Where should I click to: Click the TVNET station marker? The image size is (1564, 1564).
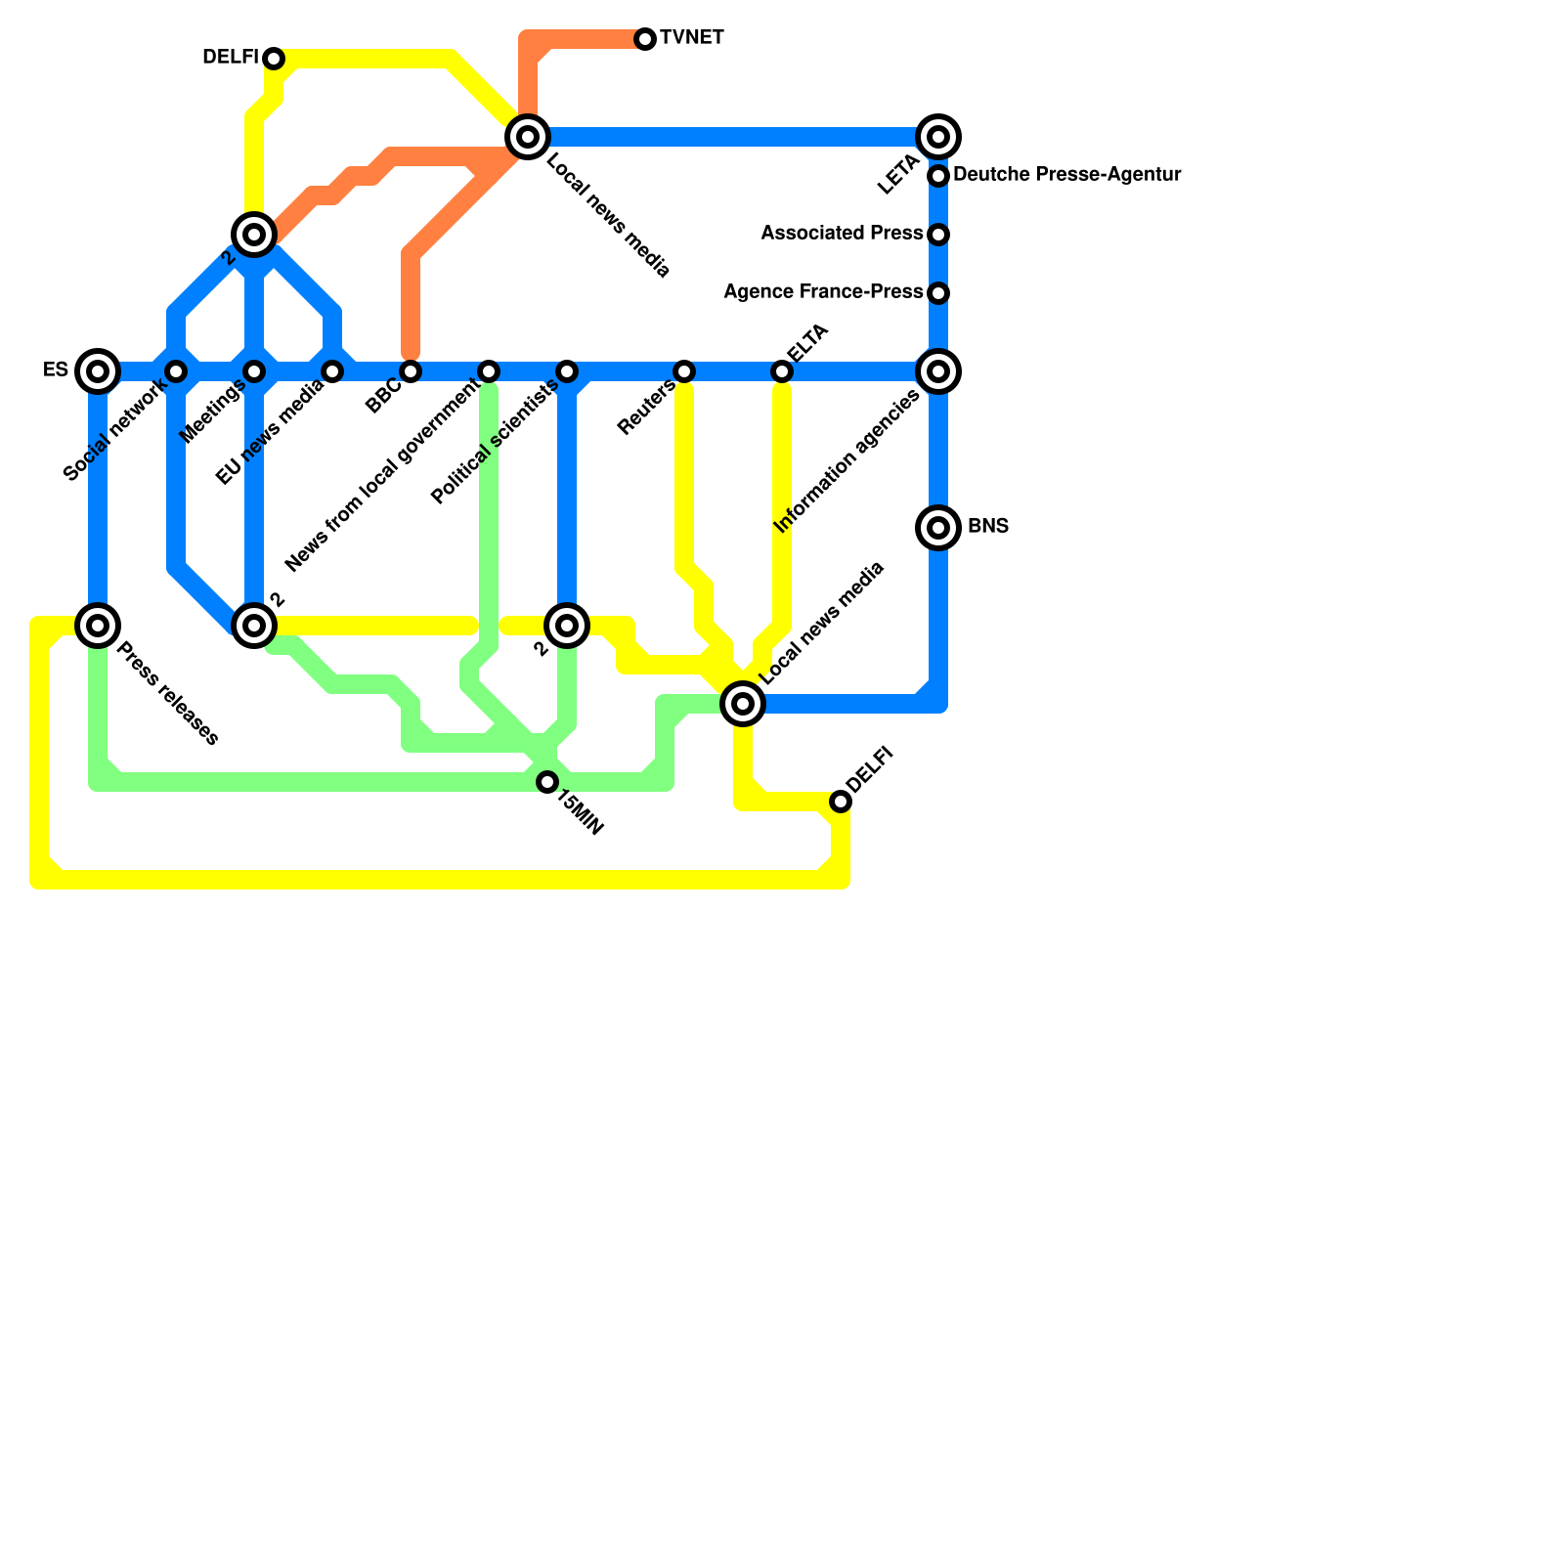coord(645,39)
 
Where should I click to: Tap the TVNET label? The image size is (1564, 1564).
coord(691,38)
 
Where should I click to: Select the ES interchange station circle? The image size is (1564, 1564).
coord(98,371)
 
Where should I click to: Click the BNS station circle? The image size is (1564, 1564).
coord(938,528)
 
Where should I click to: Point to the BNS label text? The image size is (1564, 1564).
coord(987,527)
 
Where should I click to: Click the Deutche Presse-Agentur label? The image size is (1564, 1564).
coord(1066,175)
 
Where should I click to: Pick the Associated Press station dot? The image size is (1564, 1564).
coord(938,235)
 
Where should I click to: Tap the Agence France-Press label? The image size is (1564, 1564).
coord(823,292)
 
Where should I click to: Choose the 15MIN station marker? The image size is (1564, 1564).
coord(547,782)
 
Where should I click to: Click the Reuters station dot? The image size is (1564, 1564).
coord(684,371)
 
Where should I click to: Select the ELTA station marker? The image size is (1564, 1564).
coord(782,371)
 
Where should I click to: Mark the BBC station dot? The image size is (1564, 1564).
coord(411,371)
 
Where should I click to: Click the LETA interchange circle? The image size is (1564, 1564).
coord(938,137)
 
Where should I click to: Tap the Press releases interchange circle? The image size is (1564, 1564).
coord(98,626)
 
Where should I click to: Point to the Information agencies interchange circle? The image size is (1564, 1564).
coord(938,371)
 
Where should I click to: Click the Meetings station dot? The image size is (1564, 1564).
coord(254,371)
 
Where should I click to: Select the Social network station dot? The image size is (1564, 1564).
coord(176,371)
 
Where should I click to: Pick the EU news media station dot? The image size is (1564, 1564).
coord(332,371)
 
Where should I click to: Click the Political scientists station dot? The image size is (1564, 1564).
coord(567,371)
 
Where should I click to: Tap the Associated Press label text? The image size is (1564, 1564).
coord(842,234)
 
